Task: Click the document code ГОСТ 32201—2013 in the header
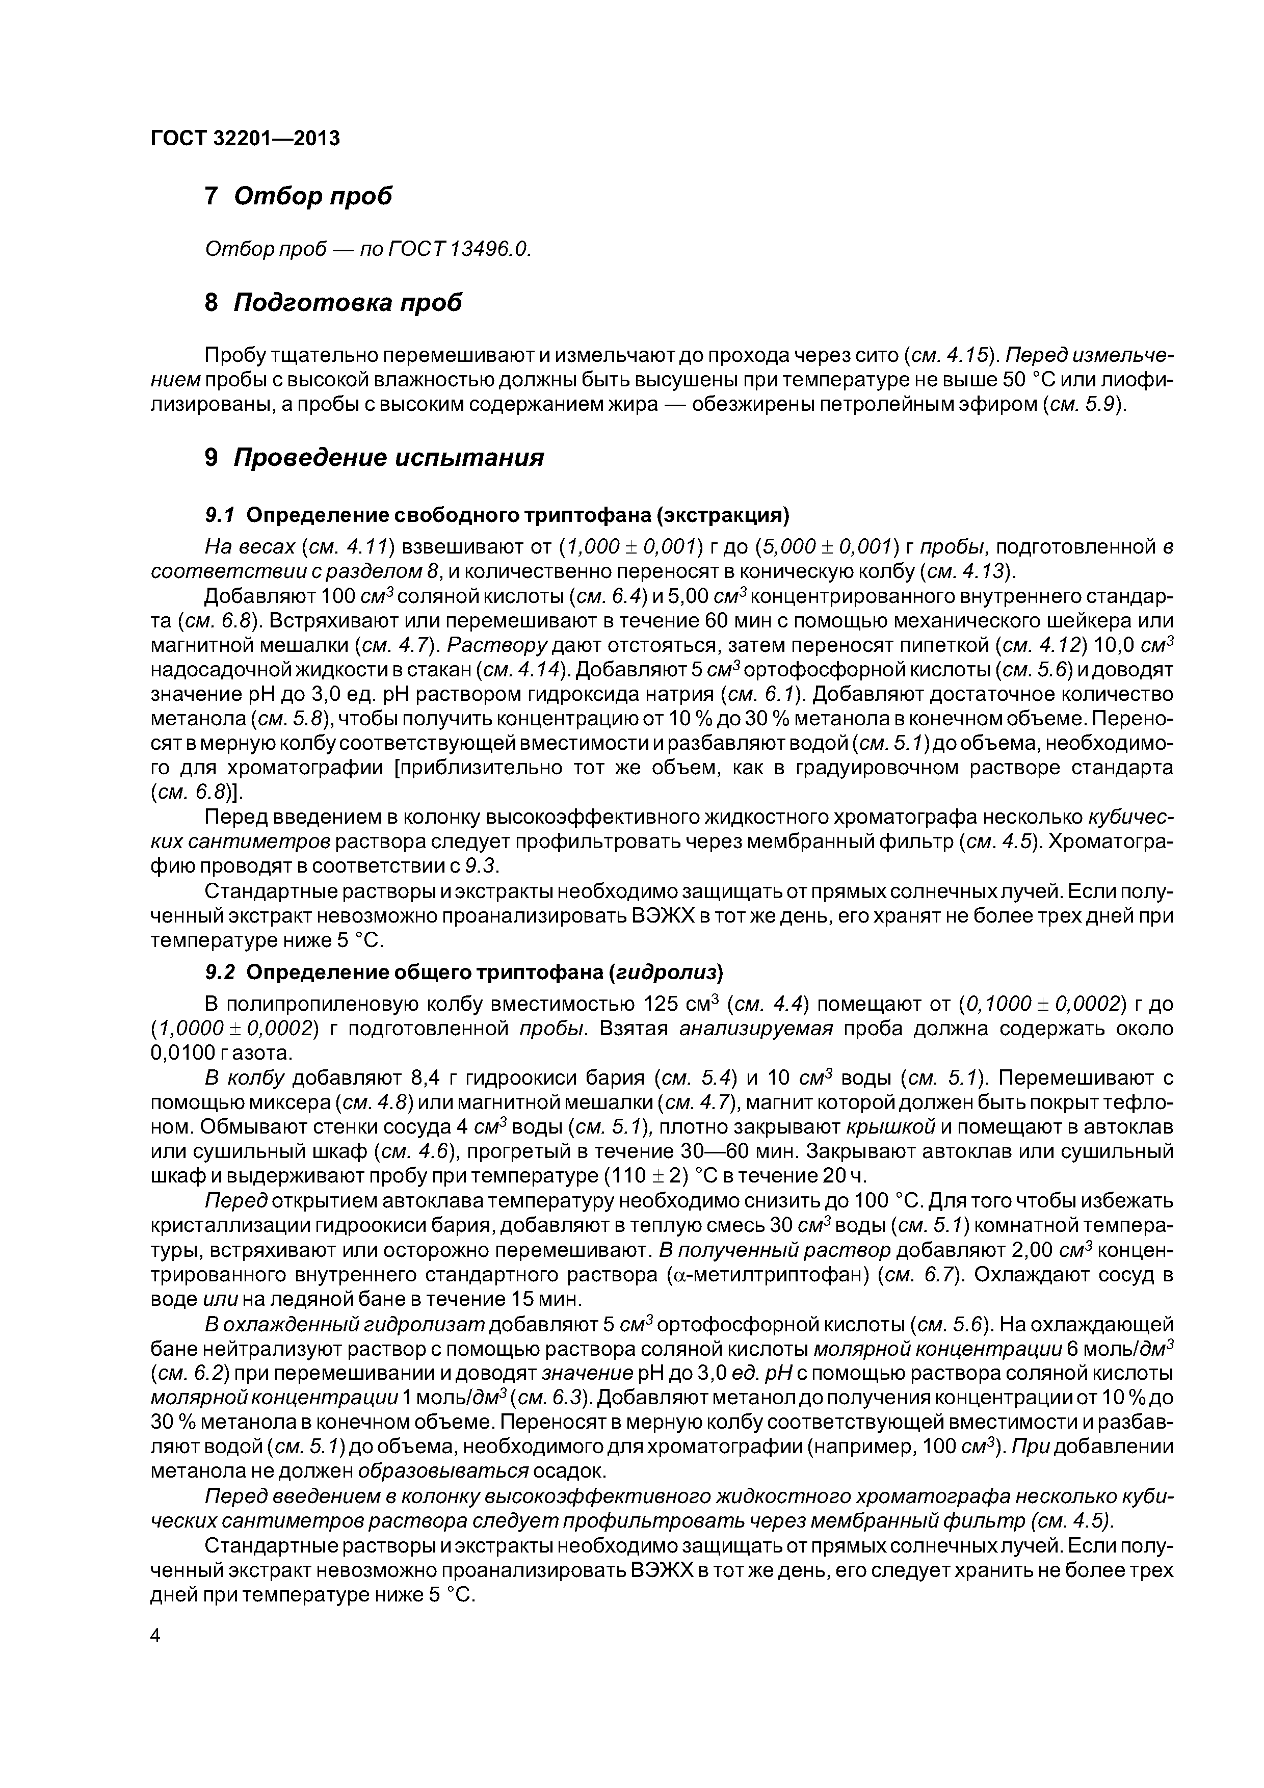pyautogui.click(x=245, y=139)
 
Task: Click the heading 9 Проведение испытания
pyautogui.click(x=374, y=457)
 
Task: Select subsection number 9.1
pyautogui.click(x=220, y=515)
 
